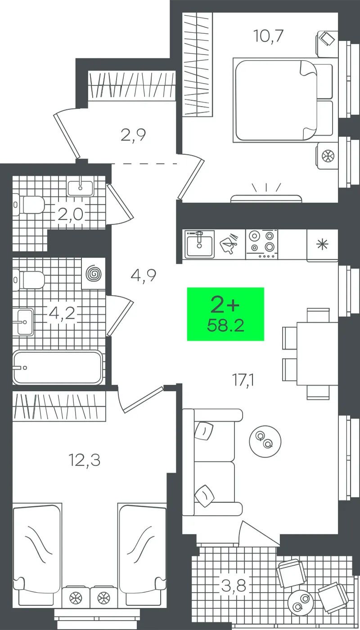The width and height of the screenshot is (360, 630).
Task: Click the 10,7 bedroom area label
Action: pyautogui.click(x=268, y=36)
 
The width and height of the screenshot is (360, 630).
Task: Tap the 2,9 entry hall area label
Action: pyautogui.click(x=133, y=135)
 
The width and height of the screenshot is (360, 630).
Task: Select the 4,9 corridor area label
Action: pyautogui.click(x=144, y=275)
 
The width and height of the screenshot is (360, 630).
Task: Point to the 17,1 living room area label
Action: pyautogui.click(x=243, y=380)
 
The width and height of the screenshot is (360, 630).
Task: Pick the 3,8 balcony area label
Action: pyautogui.click(x=234, y=586)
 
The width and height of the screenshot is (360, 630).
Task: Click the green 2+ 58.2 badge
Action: pyautogui.click(x=225, y=314)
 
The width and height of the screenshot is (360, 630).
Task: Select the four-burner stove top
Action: pyautogui.click(x=262, y=244)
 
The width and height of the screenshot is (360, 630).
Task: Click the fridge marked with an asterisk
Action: pyautogui.click(x=322, y=245)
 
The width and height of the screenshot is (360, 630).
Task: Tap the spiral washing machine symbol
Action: pyautogui.click(x=94, y=274)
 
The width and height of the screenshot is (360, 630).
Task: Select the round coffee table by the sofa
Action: pyautogui.click(x=265, y=441)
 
